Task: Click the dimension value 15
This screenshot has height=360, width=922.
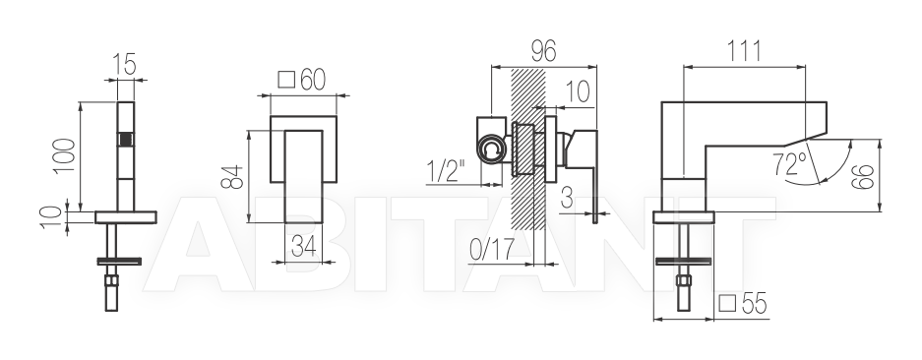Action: tap(125, 64)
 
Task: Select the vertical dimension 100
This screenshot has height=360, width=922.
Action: tap(65, 155)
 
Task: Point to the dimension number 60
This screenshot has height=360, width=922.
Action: tap(312, 80)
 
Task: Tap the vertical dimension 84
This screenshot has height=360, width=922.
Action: tap(233, 176)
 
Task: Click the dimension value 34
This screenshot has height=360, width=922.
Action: tap(304, 246)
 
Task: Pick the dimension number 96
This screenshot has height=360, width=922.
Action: tap(543, 52)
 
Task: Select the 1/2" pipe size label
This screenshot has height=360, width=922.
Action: tap(446, 171)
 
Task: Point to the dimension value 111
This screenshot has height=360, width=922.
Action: tap(745, 52)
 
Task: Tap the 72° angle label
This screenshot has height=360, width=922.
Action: tap(790, 163)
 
